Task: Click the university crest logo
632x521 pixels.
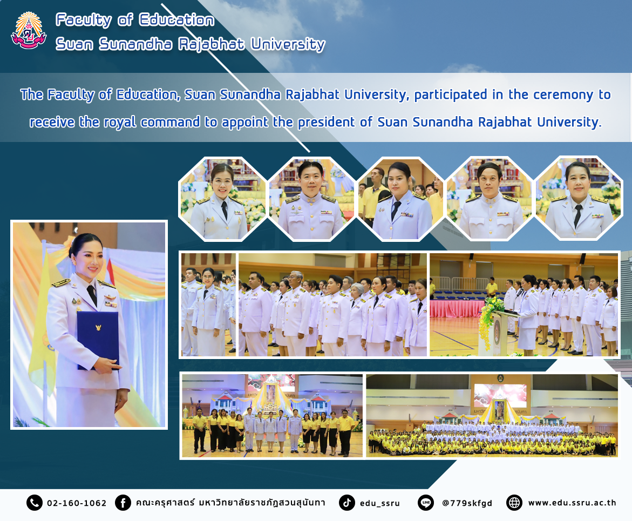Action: [x=29, y=31]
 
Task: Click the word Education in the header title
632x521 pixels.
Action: [x=176, y=20]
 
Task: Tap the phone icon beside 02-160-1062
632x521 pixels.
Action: [x=34, y=503]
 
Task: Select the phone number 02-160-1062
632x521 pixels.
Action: [x=77, y=503]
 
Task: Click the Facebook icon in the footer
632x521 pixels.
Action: [x=123, y=503]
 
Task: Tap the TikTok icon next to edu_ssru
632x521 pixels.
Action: [x=346, y=503]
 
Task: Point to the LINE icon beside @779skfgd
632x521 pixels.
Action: [x=426, y=503]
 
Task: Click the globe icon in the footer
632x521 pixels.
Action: [x=514, y=503]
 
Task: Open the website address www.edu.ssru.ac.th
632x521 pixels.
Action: [x=572, y=503]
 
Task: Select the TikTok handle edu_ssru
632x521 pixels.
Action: [x=379, y=503]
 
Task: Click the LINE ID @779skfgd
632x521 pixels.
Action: [x=467, y=503]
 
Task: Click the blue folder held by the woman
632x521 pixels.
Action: [x=98, y=340]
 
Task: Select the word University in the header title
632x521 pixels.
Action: [x=288, y=44]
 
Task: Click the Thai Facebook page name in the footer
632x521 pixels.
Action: [x=230, y=503]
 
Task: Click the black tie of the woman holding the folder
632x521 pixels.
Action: [x=92, y=295]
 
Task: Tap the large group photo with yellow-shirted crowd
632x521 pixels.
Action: [x=492, y=416]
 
